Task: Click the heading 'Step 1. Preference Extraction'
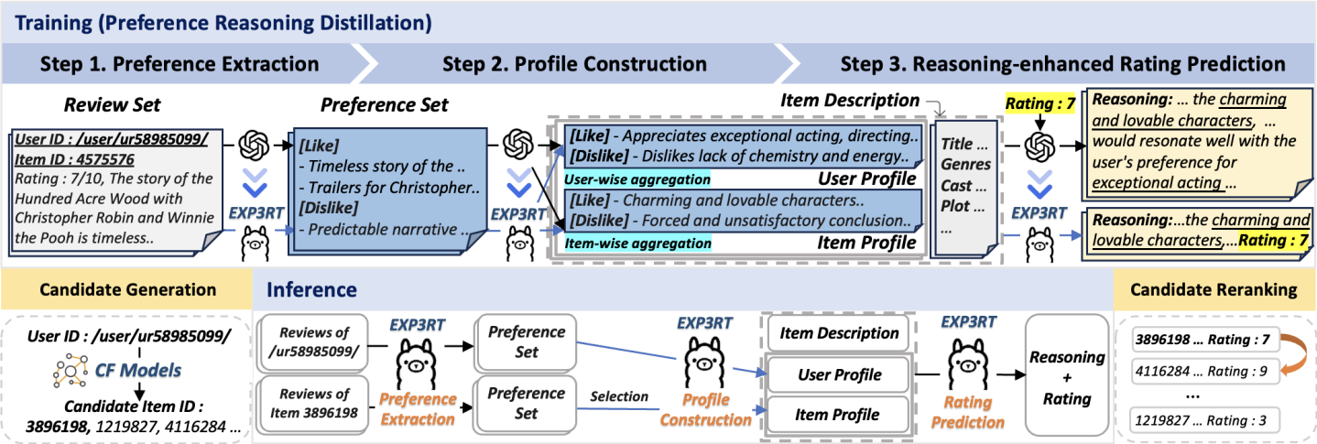(x=180, y=64)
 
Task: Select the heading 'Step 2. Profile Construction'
(x=574, y=64)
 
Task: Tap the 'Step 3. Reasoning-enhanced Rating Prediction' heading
(x=1062, y=64)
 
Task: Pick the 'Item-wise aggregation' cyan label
(x=637, y=243)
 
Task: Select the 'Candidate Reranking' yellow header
(x=1213, y=290)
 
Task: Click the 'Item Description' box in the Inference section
(x=839, y=333)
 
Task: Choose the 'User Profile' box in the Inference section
(x=839, y=374)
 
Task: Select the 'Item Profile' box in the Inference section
(x=839, y=414)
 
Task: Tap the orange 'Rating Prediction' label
(x=968, y=411)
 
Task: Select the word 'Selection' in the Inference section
(x=619, y=396)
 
